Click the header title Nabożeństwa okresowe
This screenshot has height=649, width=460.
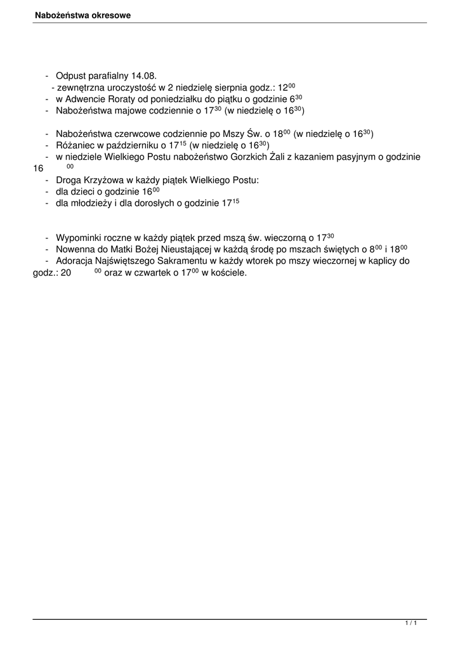[82, 15]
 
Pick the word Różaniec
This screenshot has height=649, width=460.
[75, 146]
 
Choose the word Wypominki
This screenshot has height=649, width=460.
[81, 238]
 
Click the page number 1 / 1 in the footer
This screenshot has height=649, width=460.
[411, 624]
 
